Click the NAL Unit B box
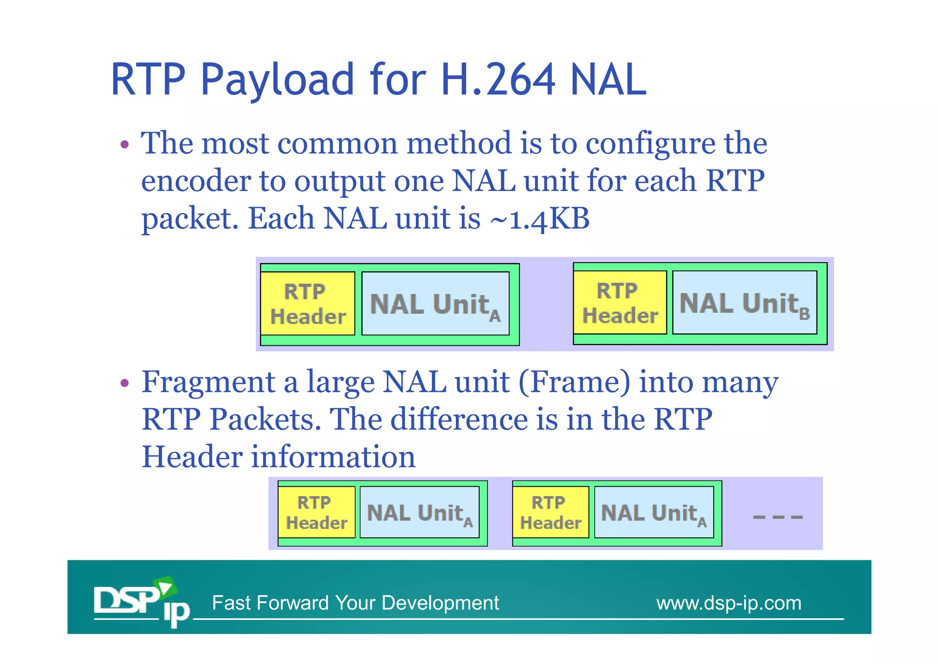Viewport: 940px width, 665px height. (744, 303)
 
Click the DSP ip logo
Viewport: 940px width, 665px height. (141, 601)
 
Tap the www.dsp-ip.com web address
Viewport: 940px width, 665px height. (728, 603)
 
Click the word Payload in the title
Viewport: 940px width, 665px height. (277, 81)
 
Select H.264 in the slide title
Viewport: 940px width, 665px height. (498, 80)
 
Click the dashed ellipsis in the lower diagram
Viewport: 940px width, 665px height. (778, 517)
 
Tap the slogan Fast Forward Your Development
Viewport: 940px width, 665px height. (355, 603)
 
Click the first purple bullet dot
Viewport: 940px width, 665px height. (124, 145)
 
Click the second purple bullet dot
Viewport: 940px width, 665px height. (124, 383)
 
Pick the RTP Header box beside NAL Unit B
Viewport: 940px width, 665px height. (620, 303)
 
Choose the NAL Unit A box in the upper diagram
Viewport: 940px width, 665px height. (435, 304)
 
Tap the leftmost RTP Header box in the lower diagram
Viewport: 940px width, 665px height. (316, 513)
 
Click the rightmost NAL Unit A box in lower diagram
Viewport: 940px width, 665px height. (654, 513)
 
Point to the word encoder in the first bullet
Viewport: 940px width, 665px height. (196, 181)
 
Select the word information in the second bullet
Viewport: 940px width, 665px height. (333, 457)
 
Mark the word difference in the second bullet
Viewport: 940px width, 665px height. (459, 420)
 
